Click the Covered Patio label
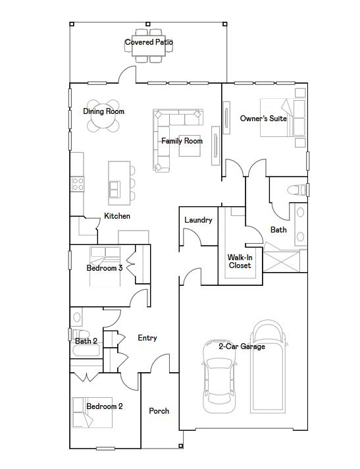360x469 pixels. [149, 43]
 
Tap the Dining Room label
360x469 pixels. [103, 111]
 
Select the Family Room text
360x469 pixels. [182, 141]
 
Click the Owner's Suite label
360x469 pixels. [263, 119]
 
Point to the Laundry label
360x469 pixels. [198, 220]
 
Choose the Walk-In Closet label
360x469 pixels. [240, 262]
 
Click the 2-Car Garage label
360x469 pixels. [242, 346]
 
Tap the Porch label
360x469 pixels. [159, 411]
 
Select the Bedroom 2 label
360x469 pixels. [105, 406]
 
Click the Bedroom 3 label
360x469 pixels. [105, 268]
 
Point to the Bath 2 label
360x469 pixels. [86, 341]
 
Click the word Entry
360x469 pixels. [147, 338]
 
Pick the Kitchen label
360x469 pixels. [117, 216]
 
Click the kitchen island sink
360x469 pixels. [115, 188]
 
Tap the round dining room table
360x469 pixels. [103, 117]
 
